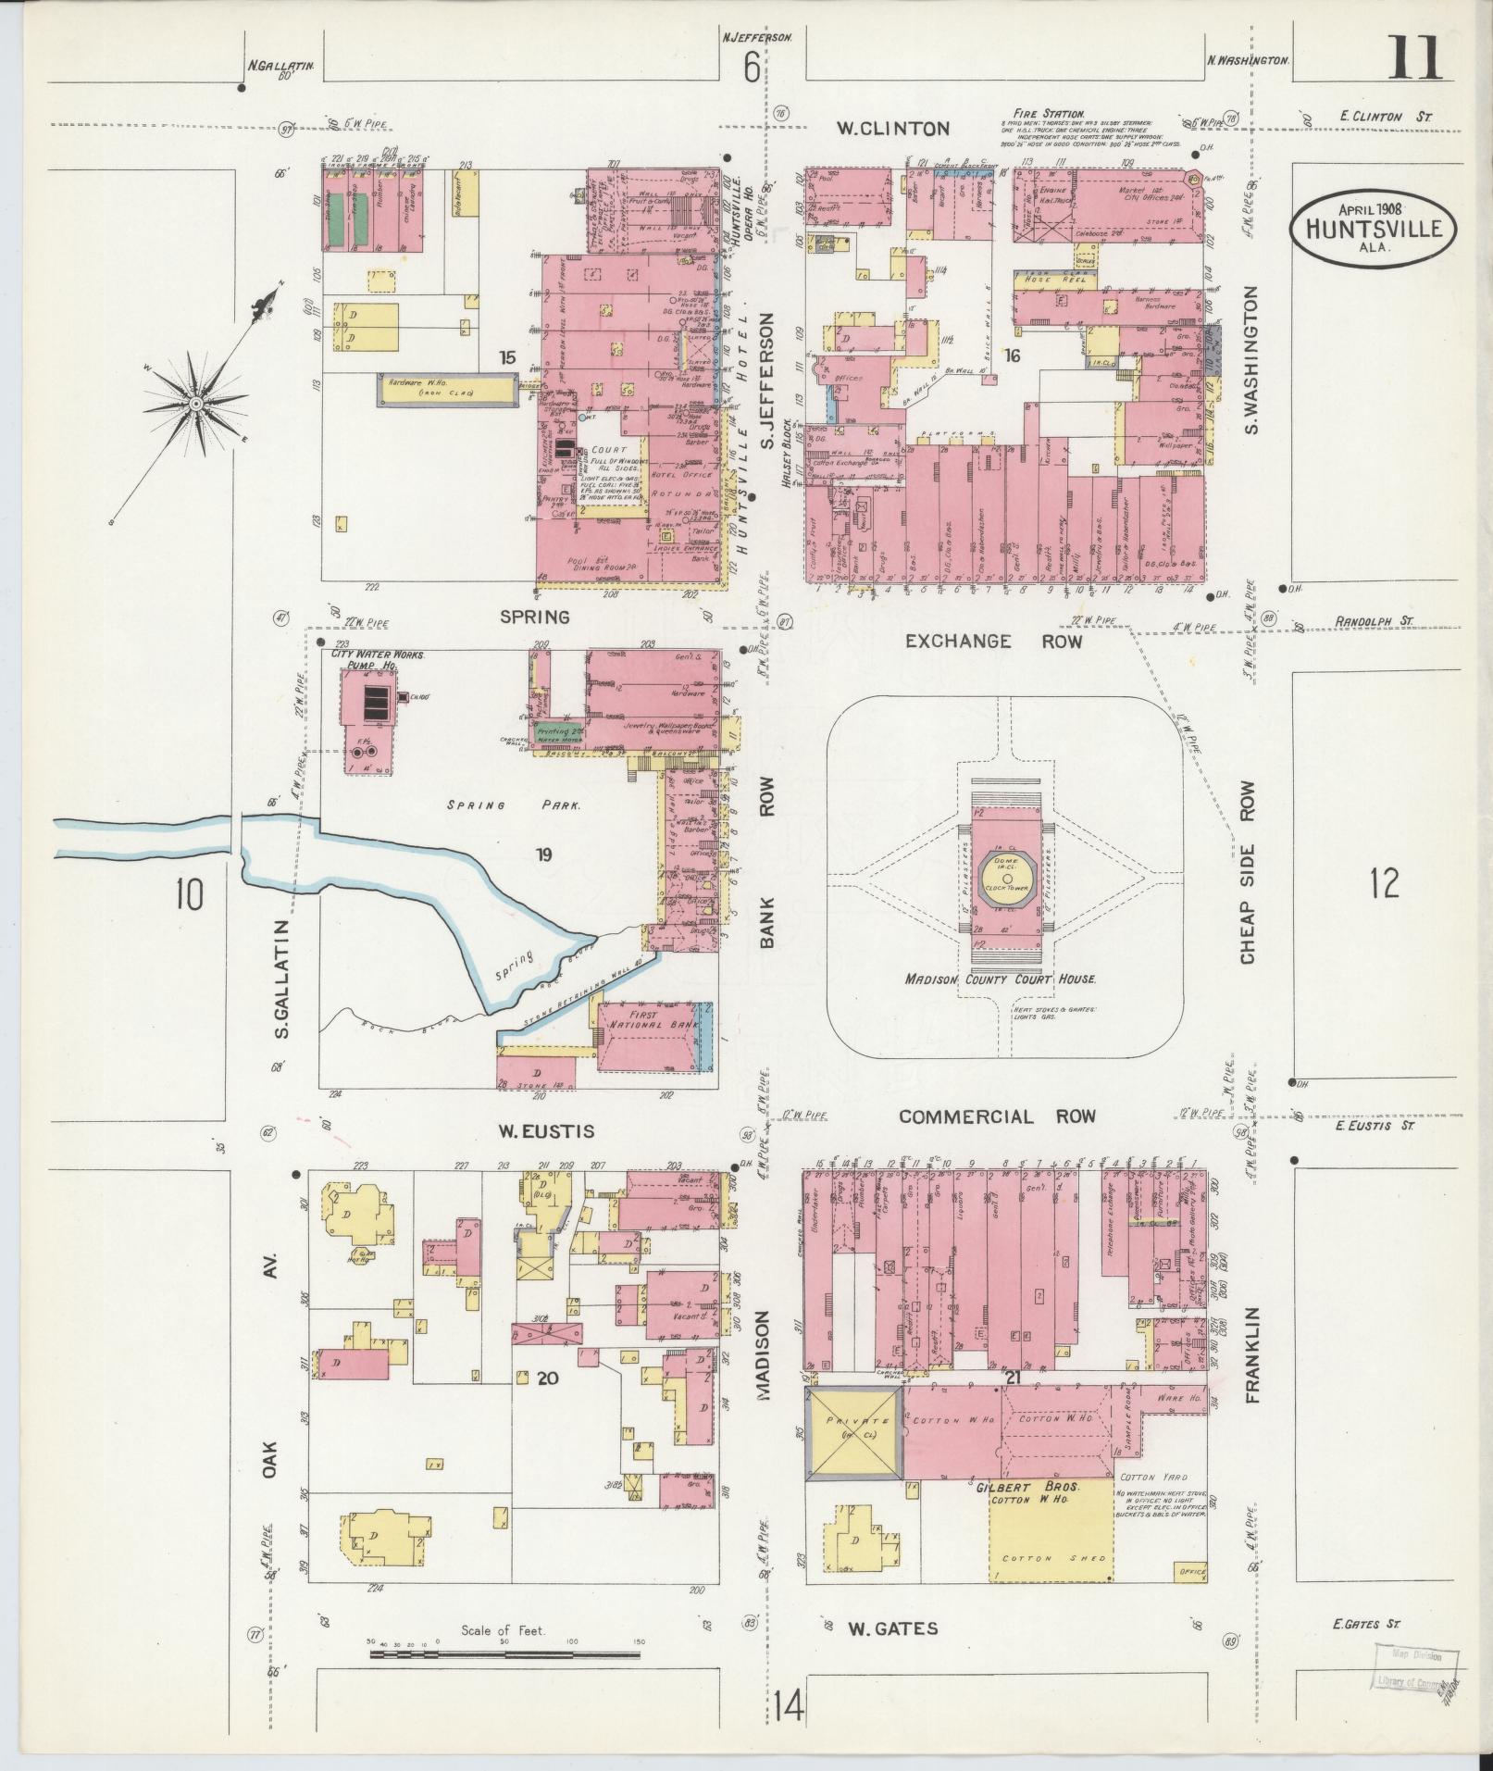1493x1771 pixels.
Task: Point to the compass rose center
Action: [196, 405]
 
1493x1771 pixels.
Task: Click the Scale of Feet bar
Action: [504, 1653]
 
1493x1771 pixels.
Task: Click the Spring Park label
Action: [515, 805]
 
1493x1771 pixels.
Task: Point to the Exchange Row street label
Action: [993, 641]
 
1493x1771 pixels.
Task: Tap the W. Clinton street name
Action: [893, 129]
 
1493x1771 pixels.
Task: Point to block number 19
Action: [542, 854]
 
